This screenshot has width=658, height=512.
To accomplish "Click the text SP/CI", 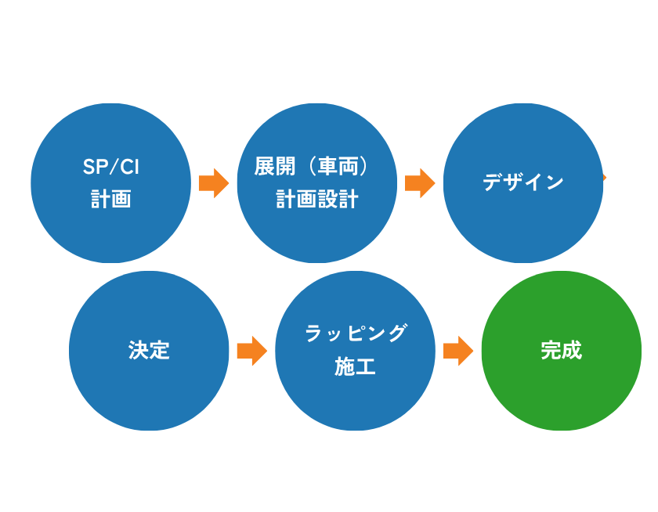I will (110, 167).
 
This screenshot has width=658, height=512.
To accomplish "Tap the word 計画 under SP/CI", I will (110, 200).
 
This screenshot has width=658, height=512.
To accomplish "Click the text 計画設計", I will (316, 200).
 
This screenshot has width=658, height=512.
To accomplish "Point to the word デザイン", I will (523, 183).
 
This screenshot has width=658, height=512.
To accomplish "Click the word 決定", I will (149, 350).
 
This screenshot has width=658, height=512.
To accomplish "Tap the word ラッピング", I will (356, 334).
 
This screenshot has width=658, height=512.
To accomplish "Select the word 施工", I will (356, 366).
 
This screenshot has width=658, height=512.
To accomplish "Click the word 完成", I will (561, 350).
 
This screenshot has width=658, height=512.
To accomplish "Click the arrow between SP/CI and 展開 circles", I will (213, 183).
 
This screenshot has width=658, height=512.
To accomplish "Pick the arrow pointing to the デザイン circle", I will (420, 183).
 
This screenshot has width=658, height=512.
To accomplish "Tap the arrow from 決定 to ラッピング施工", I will (251, 351).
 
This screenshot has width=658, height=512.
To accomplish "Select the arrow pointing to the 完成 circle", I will (458, 351).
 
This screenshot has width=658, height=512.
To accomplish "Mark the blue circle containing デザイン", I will (523, 227).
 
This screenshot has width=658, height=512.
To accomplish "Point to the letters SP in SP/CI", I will (92, 167).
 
